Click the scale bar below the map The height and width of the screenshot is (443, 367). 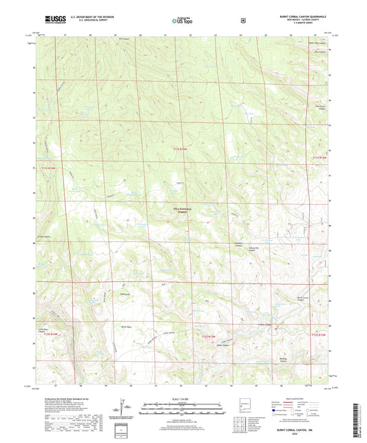(181, 413)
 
